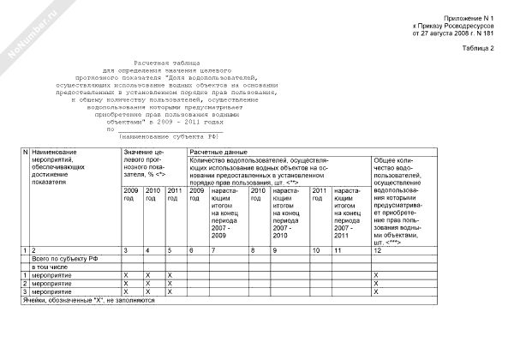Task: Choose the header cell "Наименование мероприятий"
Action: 59,159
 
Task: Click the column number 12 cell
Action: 378,249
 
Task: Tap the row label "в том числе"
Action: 49,267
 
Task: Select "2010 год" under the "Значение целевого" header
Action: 152,195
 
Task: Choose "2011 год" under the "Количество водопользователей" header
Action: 317,195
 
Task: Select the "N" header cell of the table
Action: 26,153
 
